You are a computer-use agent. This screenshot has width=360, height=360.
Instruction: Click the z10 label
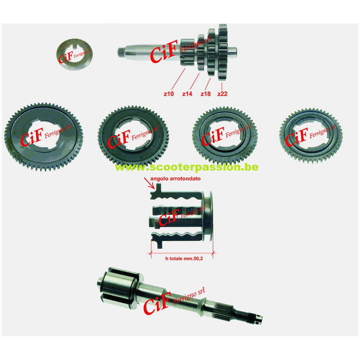point(169,94)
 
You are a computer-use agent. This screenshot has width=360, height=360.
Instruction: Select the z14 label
point(187,94)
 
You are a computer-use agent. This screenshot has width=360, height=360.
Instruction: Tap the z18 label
point(206,94)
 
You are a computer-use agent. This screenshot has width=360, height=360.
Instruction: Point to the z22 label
point(223,94)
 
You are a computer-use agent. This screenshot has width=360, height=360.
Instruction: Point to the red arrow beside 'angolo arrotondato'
point(147,182)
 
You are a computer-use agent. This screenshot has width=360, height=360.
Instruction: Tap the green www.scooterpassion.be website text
point(186,167)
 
